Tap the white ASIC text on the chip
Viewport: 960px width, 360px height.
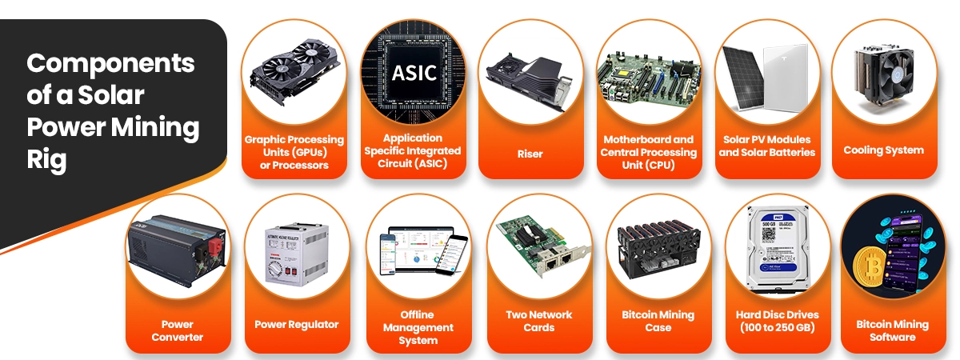point(414,73)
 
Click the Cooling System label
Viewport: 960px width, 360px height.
point(883,150)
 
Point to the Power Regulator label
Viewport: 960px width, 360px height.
point(297,325)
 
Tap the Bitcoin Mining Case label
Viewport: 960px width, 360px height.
point(658,321)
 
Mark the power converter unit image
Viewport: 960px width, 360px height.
point(178,243)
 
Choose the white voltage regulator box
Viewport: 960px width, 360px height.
point(297,251)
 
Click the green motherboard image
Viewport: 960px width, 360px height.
point(649,77)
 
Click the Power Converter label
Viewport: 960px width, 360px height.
point(177,330)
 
